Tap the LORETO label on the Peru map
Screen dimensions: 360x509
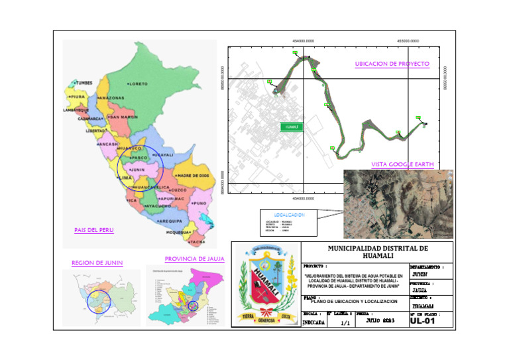click(x=138, y=84)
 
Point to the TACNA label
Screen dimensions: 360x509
click(x=198, y=242)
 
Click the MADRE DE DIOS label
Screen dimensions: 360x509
click(x=192, y=175)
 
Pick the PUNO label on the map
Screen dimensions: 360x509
click(x=199, y=203)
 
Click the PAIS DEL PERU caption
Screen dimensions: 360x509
click(x=93, y=230)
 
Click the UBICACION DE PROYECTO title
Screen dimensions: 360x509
click(x=392, y=64)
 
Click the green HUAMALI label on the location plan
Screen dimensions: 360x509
click(x=292, y=127)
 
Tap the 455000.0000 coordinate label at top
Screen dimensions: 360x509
click(x=408, y=41)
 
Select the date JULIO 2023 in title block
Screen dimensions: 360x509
click(x=380, y=321)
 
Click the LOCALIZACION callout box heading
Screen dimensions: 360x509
click(x=288, y=215)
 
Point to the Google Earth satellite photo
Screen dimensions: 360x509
click(x=398, y=204)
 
